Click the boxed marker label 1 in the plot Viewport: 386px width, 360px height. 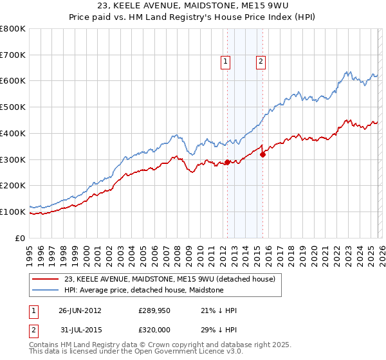[x=226, y=62]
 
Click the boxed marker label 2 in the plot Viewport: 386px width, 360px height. [x=261, y=62]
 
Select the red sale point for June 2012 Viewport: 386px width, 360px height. [x=227, y=162]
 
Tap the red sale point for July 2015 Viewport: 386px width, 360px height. [x=262, y=154]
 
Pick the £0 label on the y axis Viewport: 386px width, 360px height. [x=21, y=238]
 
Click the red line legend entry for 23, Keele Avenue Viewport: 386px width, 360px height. [x=169, y=279]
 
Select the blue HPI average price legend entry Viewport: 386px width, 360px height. [x=143, y=290]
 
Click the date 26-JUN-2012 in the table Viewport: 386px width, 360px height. [x=80, y=310]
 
